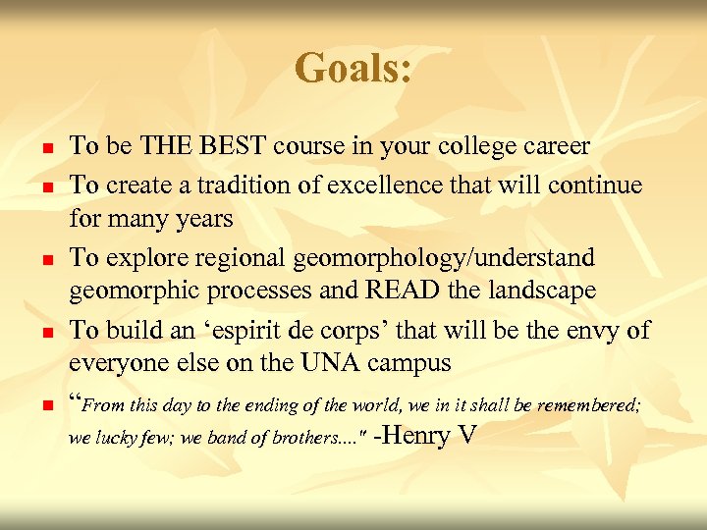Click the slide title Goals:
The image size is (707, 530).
tap(353, 69)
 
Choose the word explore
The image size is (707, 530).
tap(138, 258)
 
